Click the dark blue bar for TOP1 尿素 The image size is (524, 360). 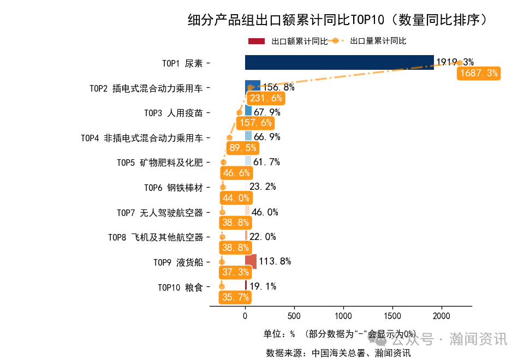[339, 63]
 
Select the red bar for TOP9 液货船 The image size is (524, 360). [251, 262]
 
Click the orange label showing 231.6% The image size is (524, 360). [265, 98]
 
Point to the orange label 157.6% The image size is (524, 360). [255, 123]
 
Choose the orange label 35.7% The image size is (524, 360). [236, 297]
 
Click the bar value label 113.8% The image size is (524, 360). [275, 261]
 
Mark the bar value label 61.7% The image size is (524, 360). [266, 162]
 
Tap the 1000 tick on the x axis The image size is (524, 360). [343, 316]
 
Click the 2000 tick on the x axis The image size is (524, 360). [442, 316]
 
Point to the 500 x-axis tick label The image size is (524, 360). [294, 316]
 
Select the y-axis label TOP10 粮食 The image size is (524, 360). [180, 287]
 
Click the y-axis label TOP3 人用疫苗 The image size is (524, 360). [173, 113]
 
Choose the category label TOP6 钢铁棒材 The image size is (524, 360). [173, 188]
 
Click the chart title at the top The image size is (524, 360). [337, 20]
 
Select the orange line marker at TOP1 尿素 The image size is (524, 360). [460, 63]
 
